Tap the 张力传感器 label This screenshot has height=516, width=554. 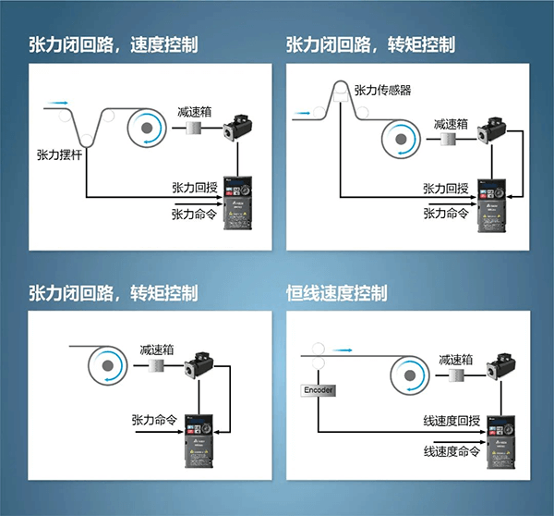click(x=381, y=90)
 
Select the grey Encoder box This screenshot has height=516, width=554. click(x=318, y=391)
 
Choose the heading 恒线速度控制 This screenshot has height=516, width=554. click(x=337, y=293)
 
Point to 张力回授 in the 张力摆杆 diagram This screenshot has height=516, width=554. click(x=194, y=187)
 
